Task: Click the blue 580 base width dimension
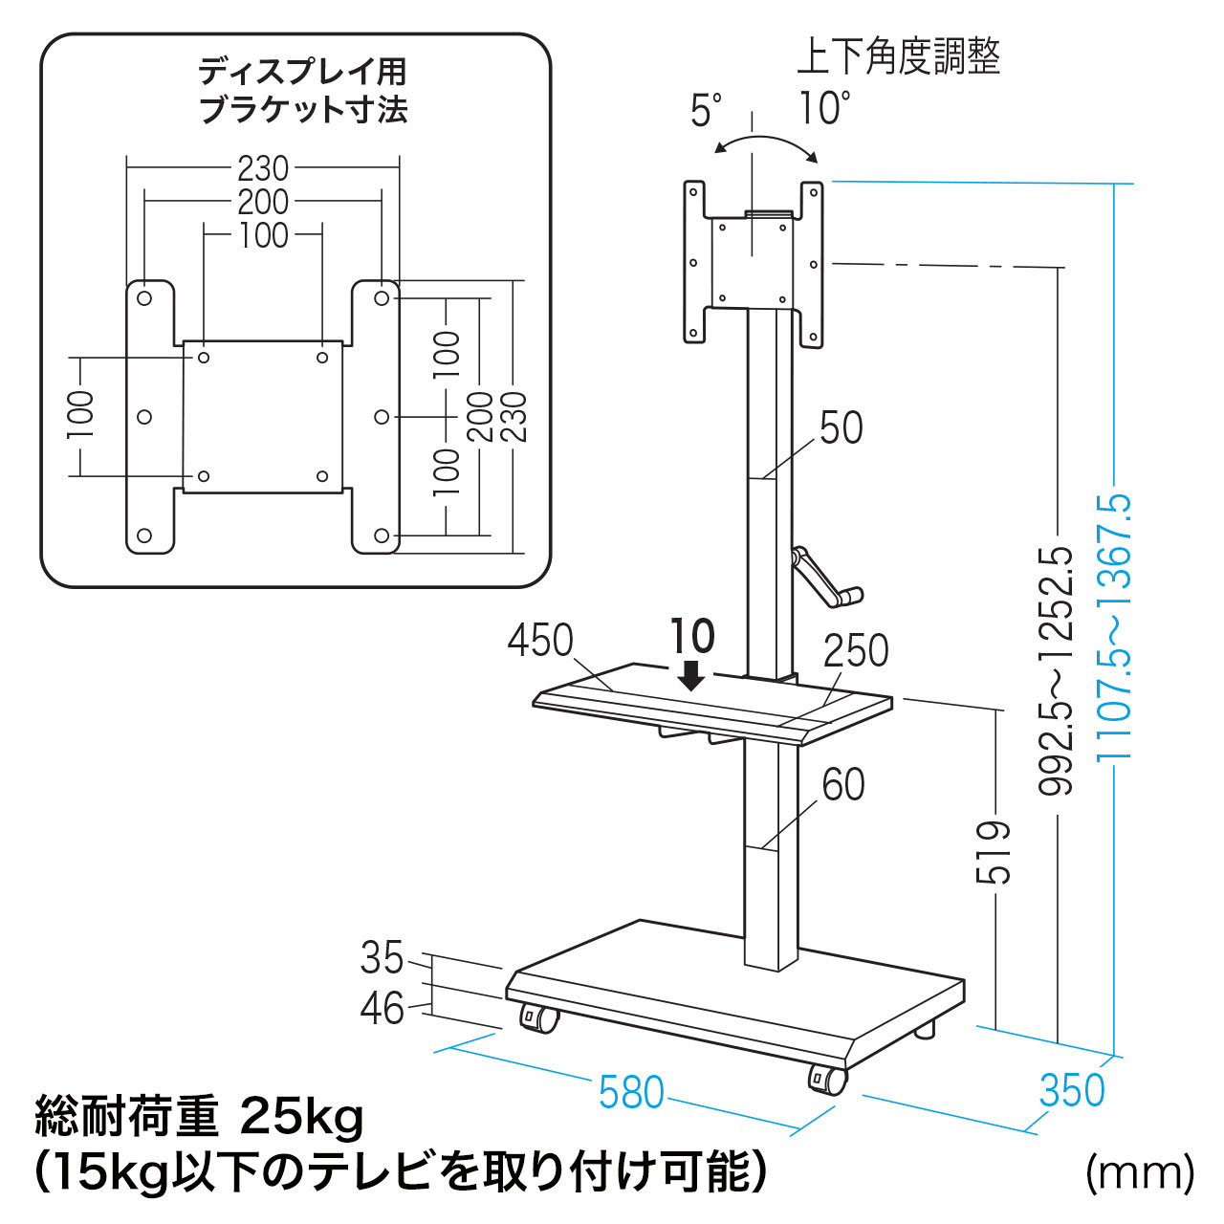click(631, 1092)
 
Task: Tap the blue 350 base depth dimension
click(1072, 1090)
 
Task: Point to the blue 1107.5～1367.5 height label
click(1115, 626)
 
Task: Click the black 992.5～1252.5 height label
click(1057, 670)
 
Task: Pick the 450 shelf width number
click(540, 641)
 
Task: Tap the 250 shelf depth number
click(856, 651)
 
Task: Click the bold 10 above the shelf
click(692, 636)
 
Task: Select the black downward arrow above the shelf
click(690, 677)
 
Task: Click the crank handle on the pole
click(826, 579)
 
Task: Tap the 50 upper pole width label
click(841, 428)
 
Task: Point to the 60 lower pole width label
click(843, 785)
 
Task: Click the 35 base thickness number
click(382, 957)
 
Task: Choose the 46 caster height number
click(382, 1008)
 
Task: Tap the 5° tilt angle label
click(707, 111)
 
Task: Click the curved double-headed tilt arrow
click(767, 143)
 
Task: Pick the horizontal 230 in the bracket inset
click(263, 168)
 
